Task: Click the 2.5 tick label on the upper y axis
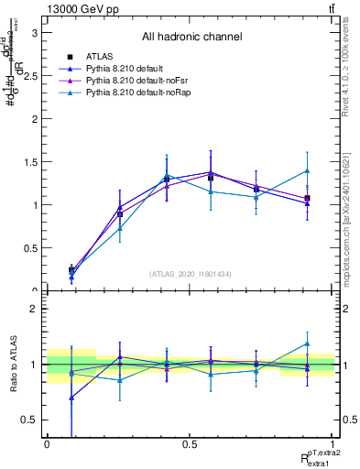[x=28, y=76]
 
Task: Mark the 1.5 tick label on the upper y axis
[x=28, y=162]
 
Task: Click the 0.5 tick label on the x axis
[x=191, y=444]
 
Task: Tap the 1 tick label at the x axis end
[x=334, y=444]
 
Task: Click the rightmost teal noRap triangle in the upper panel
[x=308, y=170]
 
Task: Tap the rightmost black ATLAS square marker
[x=308, y=198]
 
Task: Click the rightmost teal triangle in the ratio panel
[x=308, y=344]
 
